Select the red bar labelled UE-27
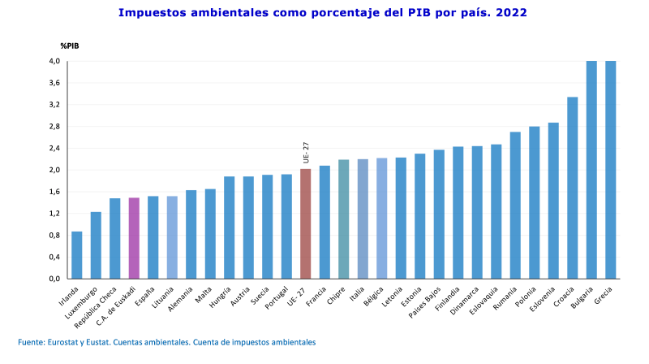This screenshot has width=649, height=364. click(306, 223)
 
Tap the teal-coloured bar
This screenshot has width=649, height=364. click(344, 219)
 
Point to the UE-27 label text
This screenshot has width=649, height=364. click(306, 153)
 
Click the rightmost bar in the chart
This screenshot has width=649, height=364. click(611, 170)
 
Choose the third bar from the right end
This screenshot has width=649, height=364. click(573, 188)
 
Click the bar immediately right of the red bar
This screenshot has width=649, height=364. click(324, 221)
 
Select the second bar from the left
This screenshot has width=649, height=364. click(96, 245)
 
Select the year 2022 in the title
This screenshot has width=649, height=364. click(510, 13)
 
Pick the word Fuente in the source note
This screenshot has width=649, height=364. click(32, 343)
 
